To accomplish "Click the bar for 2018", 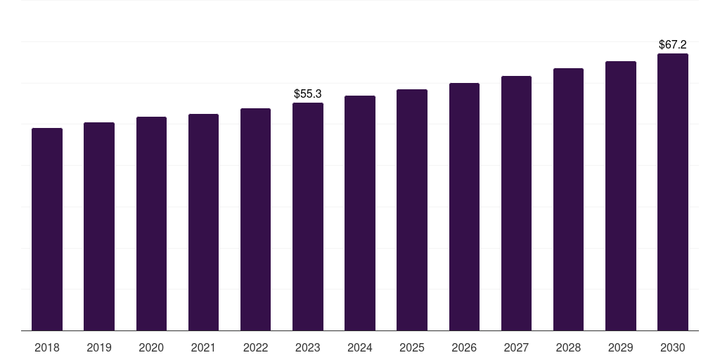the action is point(47,229).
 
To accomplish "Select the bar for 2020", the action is point(152,224).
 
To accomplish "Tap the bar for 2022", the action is point(255,219).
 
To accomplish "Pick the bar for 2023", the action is point(308,217).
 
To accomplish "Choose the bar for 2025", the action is point(412,210).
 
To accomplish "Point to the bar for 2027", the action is point(516,203).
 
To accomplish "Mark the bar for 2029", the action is point(621,196).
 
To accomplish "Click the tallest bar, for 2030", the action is point(673,192).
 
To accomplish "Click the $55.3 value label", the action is point(308,94).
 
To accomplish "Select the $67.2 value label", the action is point(673,44).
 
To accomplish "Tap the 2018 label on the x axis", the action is point(47,348).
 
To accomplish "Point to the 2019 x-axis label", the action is point(99,348).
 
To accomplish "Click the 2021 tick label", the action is point(203,348).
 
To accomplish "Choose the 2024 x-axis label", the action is point(360,348).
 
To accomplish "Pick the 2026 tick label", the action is point(464,348).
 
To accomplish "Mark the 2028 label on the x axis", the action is point(568,348).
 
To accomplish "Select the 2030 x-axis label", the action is point(673,348).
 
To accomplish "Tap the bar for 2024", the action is point(360,213).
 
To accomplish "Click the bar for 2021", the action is point(203,222).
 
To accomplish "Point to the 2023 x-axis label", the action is point(308,348).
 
